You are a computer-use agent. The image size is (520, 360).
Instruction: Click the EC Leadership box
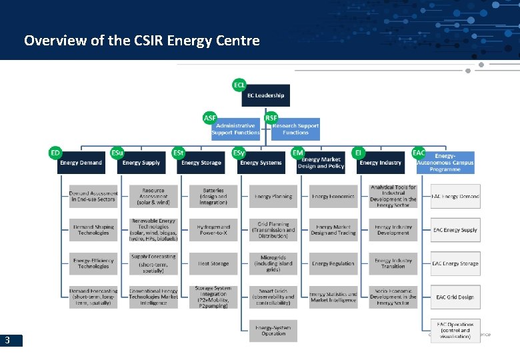(265, 96)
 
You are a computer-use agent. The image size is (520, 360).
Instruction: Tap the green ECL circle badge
(239, 85)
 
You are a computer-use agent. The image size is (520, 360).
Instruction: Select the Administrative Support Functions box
(235, 129)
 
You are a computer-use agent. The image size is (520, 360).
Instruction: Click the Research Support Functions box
(295, 129)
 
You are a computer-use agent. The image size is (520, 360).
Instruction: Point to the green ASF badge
(209, 118)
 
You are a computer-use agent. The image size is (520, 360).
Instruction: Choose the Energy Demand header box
(81, 163)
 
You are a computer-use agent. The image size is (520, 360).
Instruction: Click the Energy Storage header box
(201, 163)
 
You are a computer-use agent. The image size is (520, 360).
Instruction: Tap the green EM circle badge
(298, 153)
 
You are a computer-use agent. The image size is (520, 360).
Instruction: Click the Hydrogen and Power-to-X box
(213, 230)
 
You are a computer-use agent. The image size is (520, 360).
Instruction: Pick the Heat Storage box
(213, 263)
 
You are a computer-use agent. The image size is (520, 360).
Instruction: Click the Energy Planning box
(273, 197)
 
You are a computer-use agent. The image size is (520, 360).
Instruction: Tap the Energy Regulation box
(333, 263)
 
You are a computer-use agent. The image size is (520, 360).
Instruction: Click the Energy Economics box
(333, 197)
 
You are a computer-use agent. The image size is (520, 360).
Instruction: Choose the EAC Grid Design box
(455, 297)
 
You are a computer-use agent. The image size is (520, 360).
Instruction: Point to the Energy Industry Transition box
(393, 263)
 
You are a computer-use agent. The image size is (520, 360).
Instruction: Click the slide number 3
(7, 341)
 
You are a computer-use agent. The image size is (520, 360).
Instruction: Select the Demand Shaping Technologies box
(93, 230)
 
